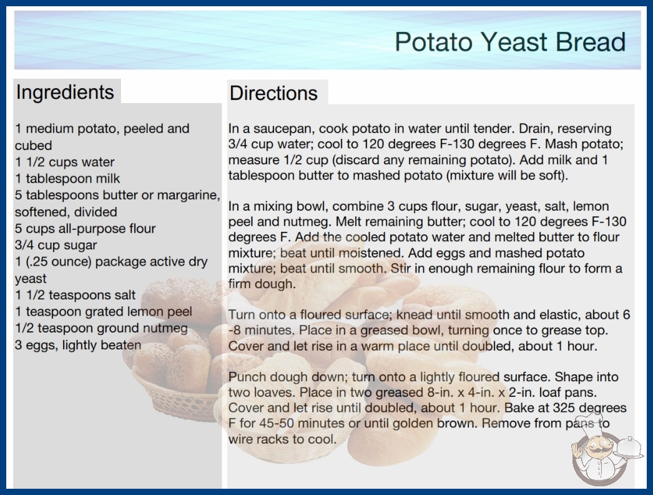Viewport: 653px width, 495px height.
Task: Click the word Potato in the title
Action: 433,42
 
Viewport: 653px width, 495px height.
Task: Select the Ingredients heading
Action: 65,92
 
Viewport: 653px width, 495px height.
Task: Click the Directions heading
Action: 273,93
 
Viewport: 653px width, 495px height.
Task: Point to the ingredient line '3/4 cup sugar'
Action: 56,245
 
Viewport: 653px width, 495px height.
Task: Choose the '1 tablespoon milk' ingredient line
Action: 67,179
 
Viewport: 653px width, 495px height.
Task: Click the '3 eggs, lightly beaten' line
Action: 78,345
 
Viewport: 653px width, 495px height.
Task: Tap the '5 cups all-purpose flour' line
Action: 86,229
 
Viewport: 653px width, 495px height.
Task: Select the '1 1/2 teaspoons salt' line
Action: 76,295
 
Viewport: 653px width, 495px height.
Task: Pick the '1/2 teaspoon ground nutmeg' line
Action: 101,328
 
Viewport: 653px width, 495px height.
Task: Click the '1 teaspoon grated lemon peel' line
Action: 104,311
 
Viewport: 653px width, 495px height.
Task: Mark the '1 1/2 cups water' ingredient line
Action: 64,162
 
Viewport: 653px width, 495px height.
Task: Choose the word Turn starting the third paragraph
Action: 242,314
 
